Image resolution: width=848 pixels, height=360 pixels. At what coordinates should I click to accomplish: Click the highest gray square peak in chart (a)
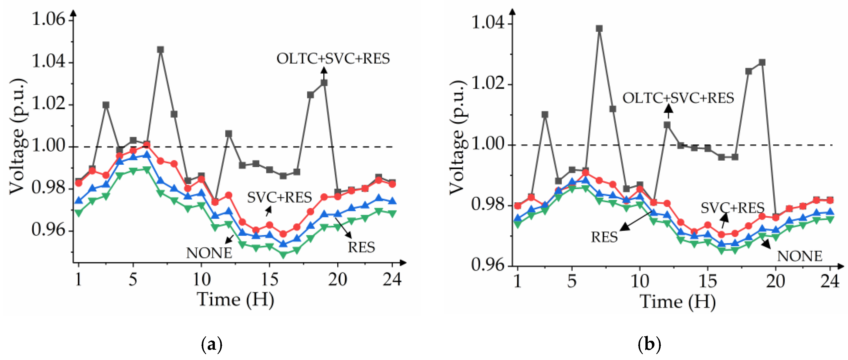point(160,50)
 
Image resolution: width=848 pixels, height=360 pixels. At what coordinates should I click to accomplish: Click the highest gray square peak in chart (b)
point(599,29)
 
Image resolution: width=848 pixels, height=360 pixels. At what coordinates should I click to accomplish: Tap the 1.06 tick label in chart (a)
point(48,19)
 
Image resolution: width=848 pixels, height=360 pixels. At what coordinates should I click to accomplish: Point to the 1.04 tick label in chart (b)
point(488,23)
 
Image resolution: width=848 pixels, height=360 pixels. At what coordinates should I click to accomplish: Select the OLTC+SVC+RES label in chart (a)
point(333,59)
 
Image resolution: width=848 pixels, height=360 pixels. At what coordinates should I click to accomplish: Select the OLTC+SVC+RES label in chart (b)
point(678,98)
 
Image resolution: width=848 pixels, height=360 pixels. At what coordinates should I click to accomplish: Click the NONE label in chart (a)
point(209,253)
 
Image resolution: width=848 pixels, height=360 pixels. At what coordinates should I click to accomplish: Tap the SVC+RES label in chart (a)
point(279,197)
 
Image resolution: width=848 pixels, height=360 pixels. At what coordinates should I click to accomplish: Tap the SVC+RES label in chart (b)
point(732,208)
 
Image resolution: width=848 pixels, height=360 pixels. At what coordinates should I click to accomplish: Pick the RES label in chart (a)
point(361,247)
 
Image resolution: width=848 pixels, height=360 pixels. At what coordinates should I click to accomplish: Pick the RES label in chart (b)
point(604,237)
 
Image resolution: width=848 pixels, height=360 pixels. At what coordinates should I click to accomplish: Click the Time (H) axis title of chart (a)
point(235,299)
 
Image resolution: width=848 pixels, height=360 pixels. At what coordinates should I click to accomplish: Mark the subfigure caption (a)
point(211,345)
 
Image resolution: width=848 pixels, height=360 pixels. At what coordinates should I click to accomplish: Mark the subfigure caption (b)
point(649,345)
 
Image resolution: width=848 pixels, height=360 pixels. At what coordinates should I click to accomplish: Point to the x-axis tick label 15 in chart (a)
point(269,280)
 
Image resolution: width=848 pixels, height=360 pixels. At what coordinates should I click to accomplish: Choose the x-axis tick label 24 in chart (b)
point(829,281)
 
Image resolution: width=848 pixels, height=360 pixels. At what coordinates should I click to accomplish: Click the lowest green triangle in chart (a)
point(283,254)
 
